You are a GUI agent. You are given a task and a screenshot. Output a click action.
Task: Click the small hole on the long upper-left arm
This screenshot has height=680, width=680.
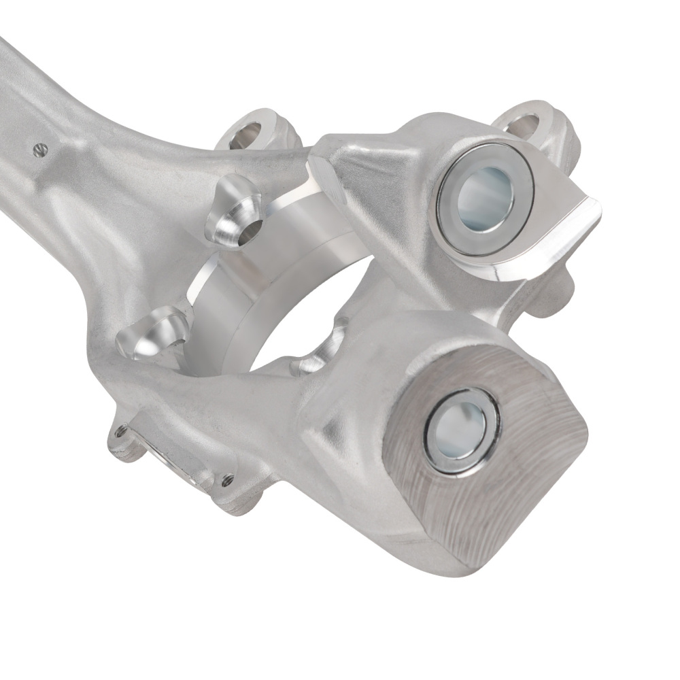39,150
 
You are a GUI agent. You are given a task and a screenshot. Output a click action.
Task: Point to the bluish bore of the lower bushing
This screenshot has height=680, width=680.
460,430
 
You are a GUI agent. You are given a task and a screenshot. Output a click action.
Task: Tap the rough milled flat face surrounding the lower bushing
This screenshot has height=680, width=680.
517,490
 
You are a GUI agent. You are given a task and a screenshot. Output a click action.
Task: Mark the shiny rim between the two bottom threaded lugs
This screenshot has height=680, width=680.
173,462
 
